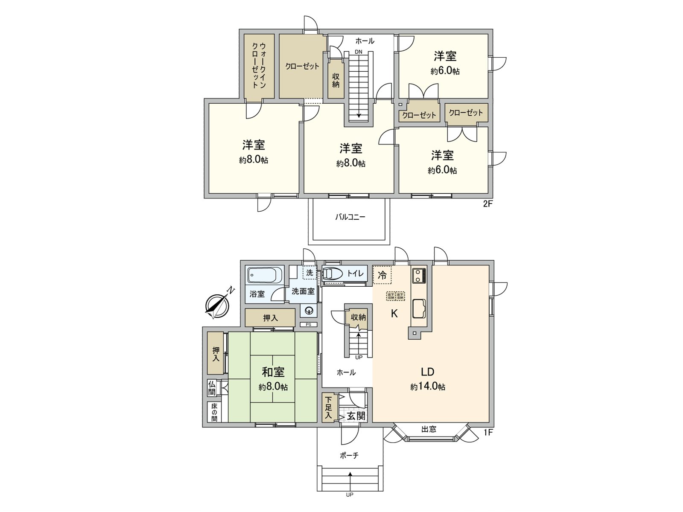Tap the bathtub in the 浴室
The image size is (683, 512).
(x=265, y=275)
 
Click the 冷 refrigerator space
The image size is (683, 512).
(x=382, y=275)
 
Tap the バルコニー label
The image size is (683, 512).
(x=350, y=217)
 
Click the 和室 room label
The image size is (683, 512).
(x=273, y=372)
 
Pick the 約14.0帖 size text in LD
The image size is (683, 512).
(x=428, y=387)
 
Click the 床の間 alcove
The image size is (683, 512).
(x=214, y=412)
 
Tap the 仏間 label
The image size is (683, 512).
(x=212, y=388)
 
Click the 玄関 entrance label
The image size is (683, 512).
(x=356, y=416)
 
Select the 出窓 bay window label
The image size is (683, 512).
(x=429, y=429)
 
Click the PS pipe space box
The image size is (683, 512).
(x=308, y=325)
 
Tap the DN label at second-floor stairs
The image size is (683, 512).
(x=358, y=52)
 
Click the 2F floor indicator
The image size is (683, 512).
(x=487, y=204)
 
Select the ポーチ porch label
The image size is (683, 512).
(x=349, y=456)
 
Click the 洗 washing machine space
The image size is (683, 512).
(x=309, y=273)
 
